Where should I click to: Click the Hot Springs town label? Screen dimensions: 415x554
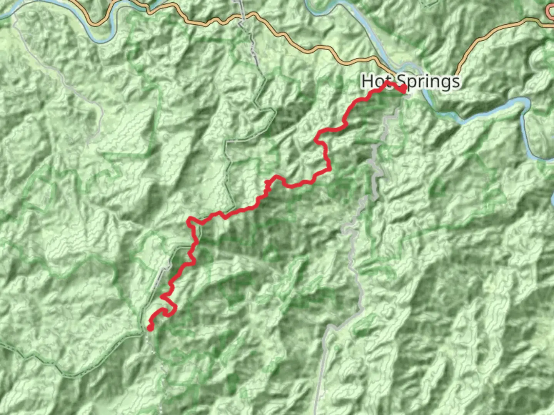[x=410, y=81]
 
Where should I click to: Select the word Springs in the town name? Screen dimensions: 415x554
[x=428, y=82]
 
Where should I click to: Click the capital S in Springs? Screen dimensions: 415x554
[x=402, y=81]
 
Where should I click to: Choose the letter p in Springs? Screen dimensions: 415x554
[x=412, y=83]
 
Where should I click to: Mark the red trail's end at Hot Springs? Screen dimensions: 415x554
[x=403, y=90]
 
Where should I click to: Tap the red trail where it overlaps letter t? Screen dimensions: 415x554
[x=387, y=83]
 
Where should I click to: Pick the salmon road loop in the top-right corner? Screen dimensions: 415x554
[x=550, y=12]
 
